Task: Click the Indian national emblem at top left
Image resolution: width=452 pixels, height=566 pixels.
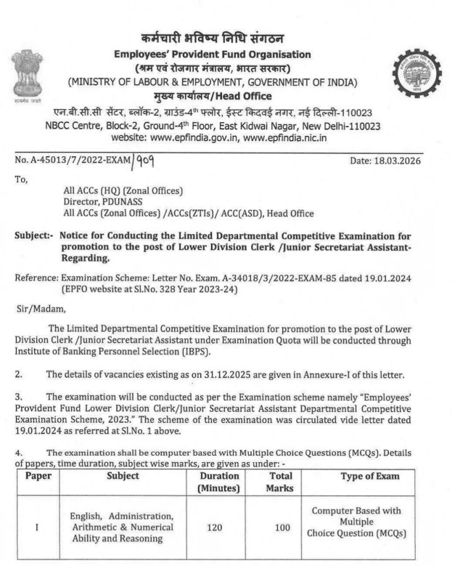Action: coord(26,73)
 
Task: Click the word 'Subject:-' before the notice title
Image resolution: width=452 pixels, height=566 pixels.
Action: coord(34,235)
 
